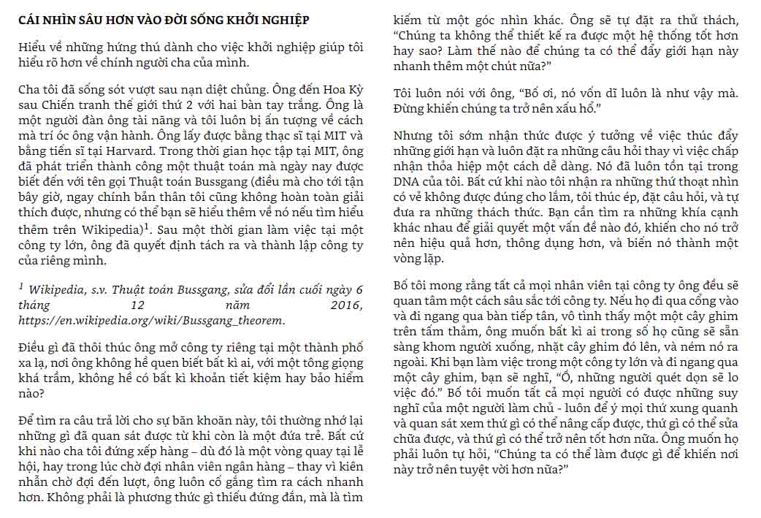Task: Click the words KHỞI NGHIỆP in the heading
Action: (x=263, y=20)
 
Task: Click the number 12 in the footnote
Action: (x=137, y=305)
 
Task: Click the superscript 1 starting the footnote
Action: (x=22, y=288)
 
